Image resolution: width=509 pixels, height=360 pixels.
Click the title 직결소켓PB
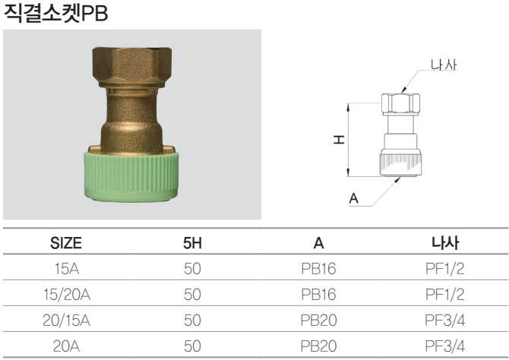(x=55, y=13)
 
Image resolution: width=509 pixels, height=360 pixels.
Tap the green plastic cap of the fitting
(x=131, y=176)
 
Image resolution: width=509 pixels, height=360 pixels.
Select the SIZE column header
(x=66, y=243)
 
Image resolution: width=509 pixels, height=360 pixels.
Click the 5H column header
(x=192, y=243)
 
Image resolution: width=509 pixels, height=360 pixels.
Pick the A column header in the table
(x=318, y=243)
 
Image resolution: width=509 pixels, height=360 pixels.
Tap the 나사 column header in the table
(x=444, y=243)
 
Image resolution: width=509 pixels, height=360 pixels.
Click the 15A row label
(x=67, y=269)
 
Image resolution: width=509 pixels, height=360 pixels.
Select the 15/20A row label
(x=67, y=295)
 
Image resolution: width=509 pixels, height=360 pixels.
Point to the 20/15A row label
(x=67, y=321)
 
